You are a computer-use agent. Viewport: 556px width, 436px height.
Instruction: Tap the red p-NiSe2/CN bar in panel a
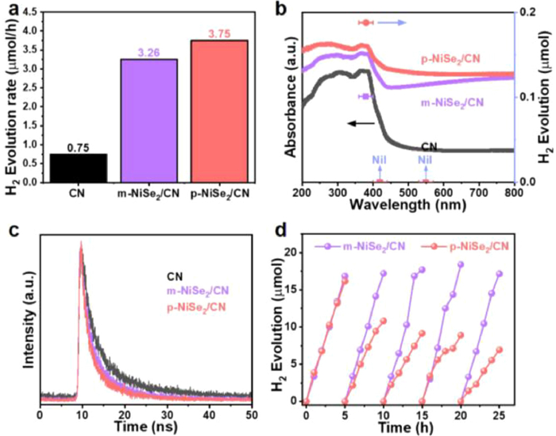point(215,111)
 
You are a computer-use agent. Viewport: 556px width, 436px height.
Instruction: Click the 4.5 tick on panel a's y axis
point(26,13)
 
